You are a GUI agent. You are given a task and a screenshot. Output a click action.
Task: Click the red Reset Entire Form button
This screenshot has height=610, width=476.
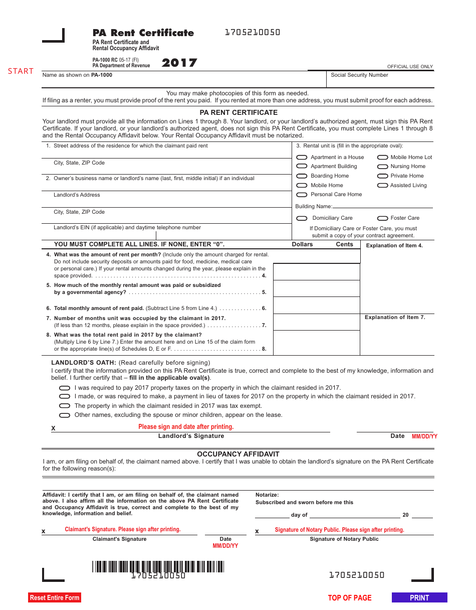click(54, 597)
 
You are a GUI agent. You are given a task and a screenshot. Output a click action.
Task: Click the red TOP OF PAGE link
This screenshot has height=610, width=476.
click(350, 597)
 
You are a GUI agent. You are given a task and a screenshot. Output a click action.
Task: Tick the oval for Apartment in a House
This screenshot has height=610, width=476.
click(302, 157)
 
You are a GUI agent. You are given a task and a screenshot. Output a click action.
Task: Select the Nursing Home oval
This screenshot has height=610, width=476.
click(382, 167)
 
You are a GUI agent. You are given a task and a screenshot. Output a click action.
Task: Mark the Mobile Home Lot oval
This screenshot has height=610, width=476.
click(382, 157)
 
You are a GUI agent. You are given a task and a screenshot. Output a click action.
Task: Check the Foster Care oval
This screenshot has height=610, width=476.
click(382, 218)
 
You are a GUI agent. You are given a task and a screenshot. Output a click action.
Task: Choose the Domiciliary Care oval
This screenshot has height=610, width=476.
click(302, 218)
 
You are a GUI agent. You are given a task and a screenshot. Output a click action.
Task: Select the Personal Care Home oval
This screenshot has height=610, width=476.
click(302, 195)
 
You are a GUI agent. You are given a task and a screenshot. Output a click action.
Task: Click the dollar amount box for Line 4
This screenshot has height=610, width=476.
click(316, 272)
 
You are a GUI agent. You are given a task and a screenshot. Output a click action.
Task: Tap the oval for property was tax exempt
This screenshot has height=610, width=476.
click(65, 406)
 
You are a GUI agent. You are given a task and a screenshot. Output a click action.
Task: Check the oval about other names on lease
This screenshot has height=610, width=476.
click(65, 415)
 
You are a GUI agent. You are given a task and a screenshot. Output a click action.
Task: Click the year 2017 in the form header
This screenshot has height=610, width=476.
click(179, 63)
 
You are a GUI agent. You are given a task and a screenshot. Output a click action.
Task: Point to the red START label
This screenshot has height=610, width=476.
click(21, 71)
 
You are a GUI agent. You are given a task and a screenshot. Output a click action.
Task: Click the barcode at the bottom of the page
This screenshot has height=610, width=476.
click(158, 567)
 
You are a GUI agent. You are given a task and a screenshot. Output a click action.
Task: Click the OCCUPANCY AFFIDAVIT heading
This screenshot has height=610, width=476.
click(238, 454)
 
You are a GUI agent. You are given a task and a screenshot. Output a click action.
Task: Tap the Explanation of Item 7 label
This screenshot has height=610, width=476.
click(395, 318)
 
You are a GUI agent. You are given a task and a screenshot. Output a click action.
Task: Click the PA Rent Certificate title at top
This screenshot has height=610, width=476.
click(143, 33)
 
